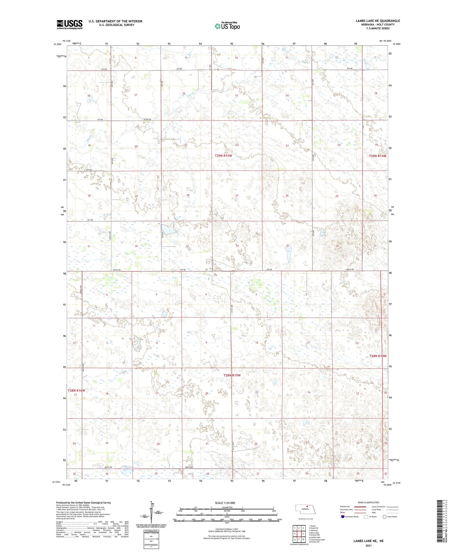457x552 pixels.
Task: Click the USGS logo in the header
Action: (x=70, y=24)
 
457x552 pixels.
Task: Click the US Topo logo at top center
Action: (x=227, y=26)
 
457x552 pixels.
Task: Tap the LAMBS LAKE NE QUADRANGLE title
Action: (x=378, y=21)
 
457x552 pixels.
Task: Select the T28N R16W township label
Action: (x=76, y=390)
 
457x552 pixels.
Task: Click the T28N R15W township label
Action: (x=232, y=375)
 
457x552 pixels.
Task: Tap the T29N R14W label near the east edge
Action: (x=377, y=156)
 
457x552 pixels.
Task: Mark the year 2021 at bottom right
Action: (x=368, y=545)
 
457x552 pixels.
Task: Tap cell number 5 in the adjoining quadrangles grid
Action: (x=303, y=534)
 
